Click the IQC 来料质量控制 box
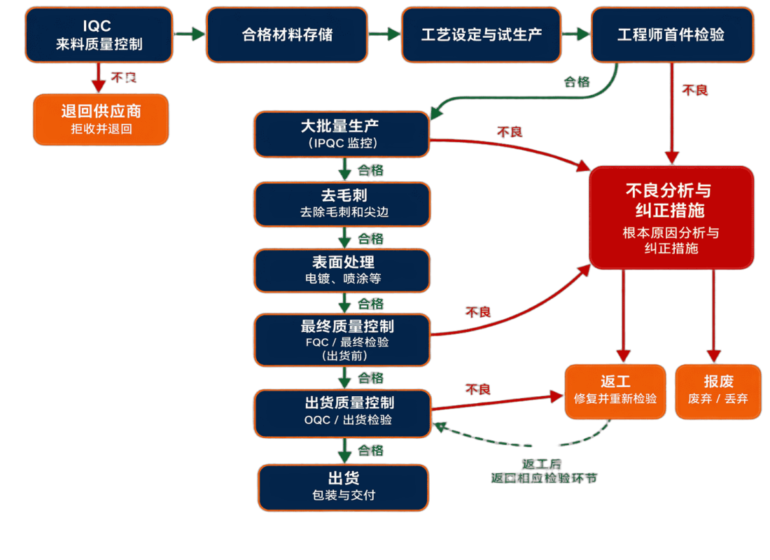99,34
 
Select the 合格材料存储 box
287,34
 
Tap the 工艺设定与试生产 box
481,34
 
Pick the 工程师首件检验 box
673,34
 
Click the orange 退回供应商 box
101,119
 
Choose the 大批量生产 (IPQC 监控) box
342,134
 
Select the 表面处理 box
342,270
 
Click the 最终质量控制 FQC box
342,340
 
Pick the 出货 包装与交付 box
343,487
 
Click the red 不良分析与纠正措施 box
671,218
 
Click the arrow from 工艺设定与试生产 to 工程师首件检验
575,34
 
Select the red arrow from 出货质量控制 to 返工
497,402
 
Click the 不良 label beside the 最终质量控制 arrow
478,311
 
